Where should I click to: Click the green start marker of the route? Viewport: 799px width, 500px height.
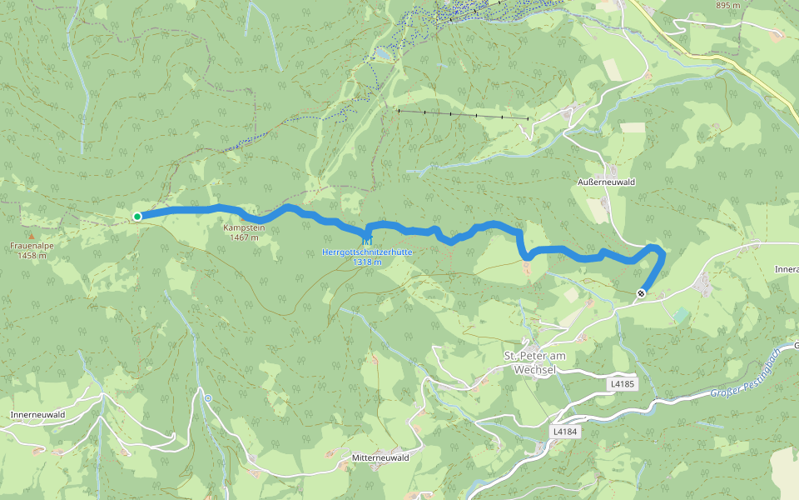tap(137, 217)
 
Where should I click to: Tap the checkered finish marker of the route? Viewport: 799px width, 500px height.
tap(641, 292)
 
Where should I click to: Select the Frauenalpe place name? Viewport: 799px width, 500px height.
tap(32, 247)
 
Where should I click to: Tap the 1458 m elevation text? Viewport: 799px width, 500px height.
tap(32, 256)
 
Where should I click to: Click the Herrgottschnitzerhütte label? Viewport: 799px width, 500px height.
tap(366, 252)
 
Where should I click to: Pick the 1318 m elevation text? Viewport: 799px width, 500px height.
tap(366, 262)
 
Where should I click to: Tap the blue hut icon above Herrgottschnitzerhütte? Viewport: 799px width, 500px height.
tap(366, 242)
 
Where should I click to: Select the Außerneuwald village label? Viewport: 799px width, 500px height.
tap(606, 181)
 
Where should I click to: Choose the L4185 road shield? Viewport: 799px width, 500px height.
tap(622, 384)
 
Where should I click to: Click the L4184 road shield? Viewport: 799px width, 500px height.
tap(564, 432)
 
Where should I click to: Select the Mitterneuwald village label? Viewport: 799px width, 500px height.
tap(380, 458)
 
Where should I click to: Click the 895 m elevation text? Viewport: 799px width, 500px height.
tap(728, 6)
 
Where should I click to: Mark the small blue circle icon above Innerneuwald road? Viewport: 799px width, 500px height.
tap(208, 398)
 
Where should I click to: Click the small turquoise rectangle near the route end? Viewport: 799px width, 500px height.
tap(682, 315)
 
